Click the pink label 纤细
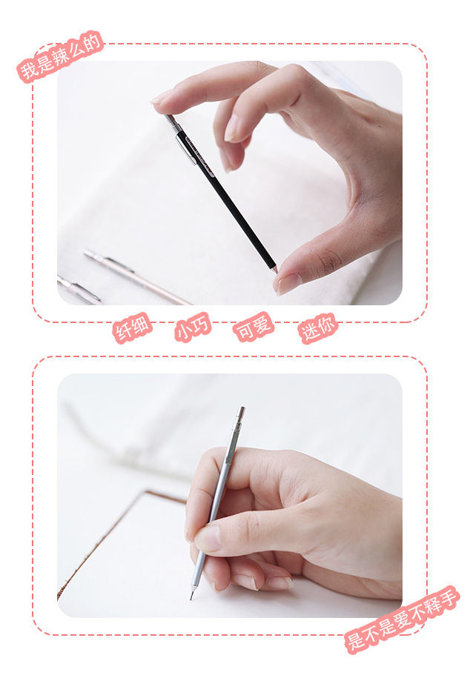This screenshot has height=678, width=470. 132,328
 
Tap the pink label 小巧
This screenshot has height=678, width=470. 193,327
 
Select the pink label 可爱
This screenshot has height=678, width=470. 254,326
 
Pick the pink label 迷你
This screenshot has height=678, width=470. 317,328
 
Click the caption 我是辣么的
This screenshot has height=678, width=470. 60,56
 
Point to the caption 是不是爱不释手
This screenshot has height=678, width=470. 402,619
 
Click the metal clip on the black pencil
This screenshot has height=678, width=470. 186,148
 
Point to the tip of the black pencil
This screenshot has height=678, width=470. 275,270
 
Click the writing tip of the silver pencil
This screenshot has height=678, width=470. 191,596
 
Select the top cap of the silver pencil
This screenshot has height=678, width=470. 240,413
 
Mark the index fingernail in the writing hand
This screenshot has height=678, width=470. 208,538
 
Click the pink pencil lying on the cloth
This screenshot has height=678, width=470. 136,277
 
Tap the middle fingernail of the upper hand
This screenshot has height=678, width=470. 231,128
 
